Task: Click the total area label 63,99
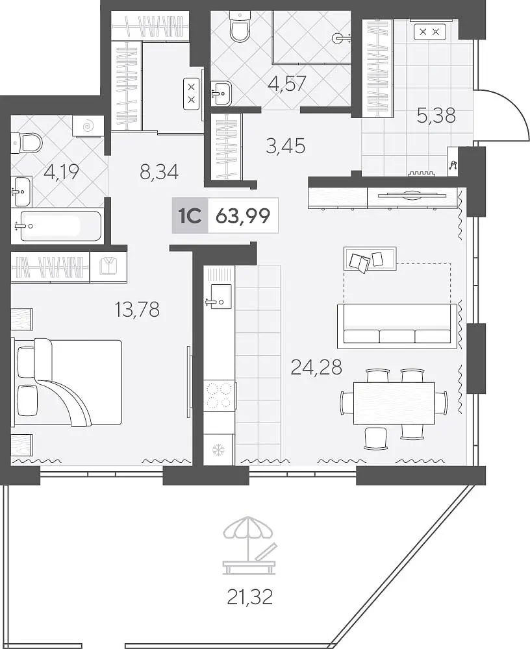[243, 215]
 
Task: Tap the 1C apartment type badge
[190, 215]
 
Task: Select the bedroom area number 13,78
[138, 309]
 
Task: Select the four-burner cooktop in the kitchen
[220, 395]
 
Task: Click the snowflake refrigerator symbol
[218, 450]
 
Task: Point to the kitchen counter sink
[219, 295]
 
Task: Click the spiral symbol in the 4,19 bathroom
[88, 126]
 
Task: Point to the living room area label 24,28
[316, 367]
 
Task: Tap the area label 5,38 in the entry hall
[436, 116]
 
